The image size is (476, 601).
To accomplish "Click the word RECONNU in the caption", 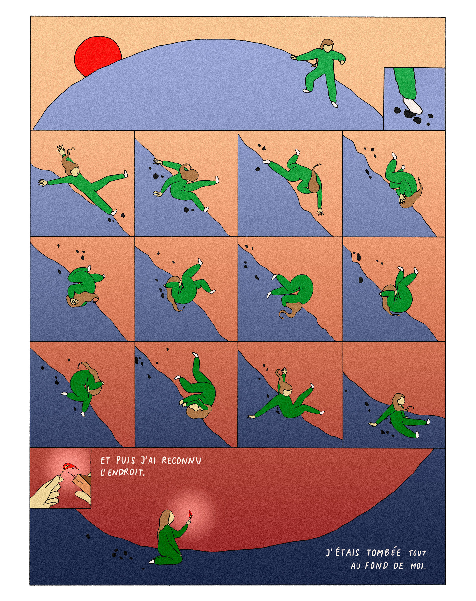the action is (181, 461).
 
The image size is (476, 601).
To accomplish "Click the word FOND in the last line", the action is (377, 566).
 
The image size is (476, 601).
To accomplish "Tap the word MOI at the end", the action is (418, 566).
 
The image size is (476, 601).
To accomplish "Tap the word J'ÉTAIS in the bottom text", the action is (343, 552).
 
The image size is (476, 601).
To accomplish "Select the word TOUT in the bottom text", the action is (417, 553).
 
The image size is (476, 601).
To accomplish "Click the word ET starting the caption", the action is (106, 461).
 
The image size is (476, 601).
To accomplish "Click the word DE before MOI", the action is (399, 566).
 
